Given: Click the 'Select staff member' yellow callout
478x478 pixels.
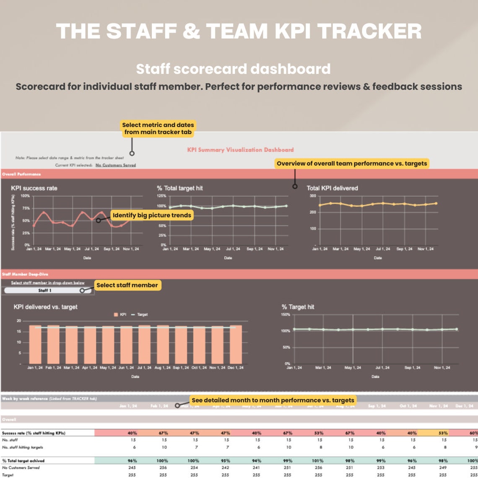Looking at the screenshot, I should click(x=127, y=285).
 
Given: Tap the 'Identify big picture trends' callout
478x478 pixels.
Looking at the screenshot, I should click(x=152, y=216).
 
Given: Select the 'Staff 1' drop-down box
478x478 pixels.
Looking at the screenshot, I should click(x=45, y=290).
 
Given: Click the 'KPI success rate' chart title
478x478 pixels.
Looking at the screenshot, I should click(x=34, y=188).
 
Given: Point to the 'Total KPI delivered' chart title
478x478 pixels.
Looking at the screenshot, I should click(x=332, y=188).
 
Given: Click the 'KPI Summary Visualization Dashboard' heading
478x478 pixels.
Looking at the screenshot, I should click(x=240, y=150).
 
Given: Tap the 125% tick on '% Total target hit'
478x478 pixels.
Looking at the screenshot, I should click(x=161, y=196).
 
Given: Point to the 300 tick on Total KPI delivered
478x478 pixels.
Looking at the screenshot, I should click(x=313, y=196).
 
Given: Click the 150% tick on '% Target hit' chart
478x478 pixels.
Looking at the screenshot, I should click(x=286, y=314).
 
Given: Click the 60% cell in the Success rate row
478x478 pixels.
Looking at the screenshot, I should click(x=473, y=433).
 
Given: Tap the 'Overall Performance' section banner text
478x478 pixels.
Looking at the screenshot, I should click(x=21, y=174).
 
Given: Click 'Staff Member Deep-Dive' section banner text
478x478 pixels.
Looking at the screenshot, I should click(x=25, y=274).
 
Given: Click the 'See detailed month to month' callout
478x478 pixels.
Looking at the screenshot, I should click(x=273, y=400).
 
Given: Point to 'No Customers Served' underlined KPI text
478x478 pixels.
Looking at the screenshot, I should click(x=115, y=165).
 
